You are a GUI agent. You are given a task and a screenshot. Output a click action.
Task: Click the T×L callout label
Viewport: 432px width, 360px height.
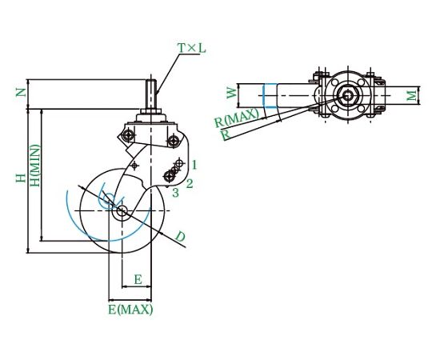(x=192, y=48)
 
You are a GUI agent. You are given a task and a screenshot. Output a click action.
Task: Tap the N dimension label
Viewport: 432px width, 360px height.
(x=22, y=93)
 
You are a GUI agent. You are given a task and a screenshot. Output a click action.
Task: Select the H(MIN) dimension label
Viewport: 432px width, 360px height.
(x=35, y=166)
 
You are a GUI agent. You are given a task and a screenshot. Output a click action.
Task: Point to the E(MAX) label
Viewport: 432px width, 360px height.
(x=130, y=310)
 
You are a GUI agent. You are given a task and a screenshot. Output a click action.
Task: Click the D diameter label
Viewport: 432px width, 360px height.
(x=180, y=237)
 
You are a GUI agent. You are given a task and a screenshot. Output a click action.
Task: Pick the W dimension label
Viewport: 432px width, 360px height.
(x=232, y=93)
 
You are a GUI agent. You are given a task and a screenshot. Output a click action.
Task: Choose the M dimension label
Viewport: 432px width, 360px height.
(x=412, y=95)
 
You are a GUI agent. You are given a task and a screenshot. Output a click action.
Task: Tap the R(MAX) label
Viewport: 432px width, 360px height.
(x=237, y=118)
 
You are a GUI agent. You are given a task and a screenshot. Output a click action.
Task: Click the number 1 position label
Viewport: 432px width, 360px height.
(x=194, y=165)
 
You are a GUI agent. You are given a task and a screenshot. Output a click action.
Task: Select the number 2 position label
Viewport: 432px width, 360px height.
(x=190, y=183)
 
